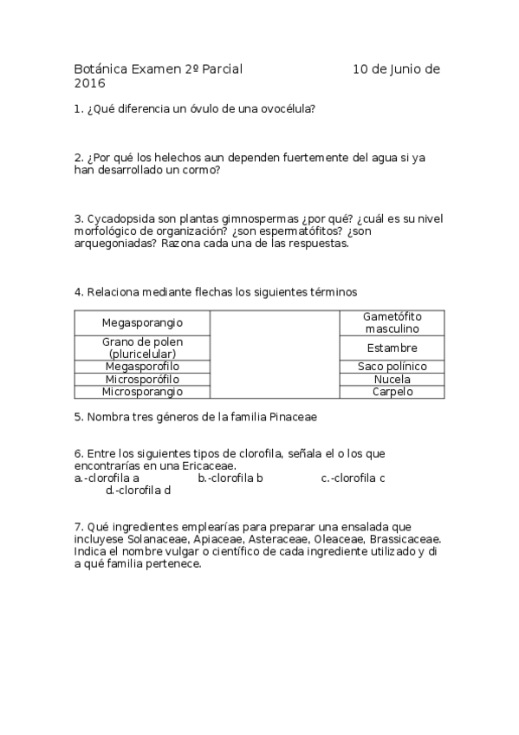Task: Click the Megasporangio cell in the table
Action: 142,322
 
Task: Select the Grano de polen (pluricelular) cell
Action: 142,348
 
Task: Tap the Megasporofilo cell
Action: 142,367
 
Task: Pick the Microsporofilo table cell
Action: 142,380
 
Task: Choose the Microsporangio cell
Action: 142,392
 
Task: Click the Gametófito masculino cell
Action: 392,322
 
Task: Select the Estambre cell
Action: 392,348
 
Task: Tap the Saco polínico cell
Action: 392,367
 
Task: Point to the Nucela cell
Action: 392,380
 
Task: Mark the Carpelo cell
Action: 392,392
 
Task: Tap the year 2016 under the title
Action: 89,83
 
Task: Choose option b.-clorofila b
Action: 230,478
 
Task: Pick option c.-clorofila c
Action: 354,478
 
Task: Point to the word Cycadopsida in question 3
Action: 118,218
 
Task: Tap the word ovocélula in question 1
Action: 287,109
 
